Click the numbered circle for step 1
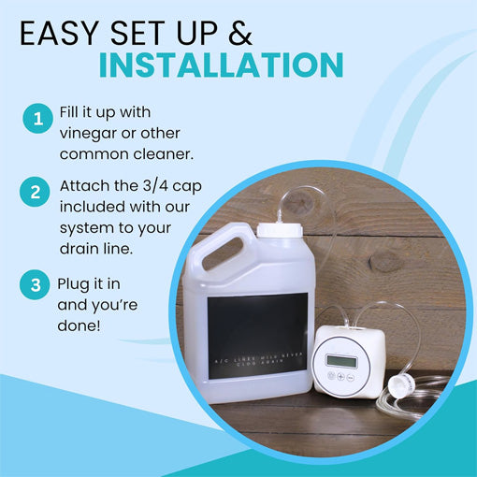(38, 120)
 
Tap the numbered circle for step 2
(38, 193)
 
